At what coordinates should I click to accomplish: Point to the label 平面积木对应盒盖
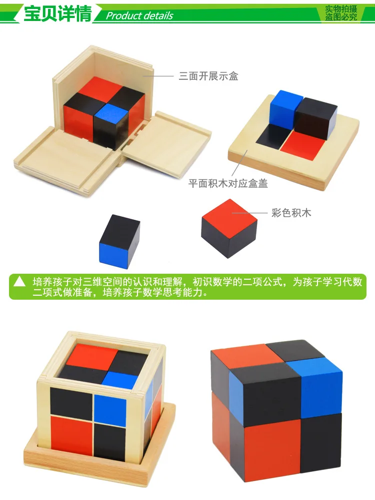tap(227, 184)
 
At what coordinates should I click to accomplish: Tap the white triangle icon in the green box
tap(19, 281)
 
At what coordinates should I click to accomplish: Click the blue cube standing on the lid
tap(285, 107)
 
